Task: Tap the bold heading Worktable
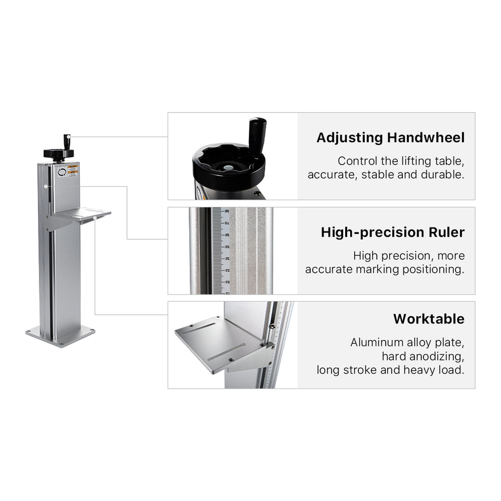(x=428, y=319)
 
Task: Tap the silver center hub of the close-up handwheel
(x=229, y=165)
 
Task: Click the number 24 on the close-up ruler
(x=227, y=259)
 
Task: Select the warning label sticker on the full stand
(x=72, y=171)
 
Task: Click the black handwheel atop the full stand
(x=59, y=153)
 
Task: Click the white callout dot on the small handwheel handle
(x=67, y=137)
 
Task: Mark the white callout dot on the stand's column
(x=46, y=186)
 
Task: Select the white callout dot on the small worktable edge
(x=95, y=218)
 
